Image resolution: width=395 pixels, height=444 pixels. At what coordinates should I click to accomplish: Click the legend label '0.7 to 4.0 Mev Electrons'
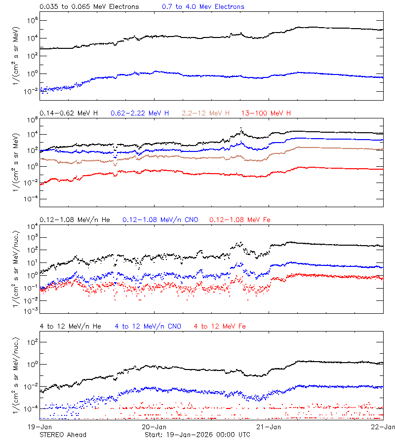[203, 7]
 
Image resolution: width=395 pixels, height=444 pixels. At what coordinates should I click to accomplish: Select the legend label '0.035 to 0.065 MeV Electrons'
[89, 7]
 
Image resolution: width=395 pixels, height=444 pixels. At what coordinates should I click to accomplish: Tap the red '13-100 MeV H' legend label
[266, 113]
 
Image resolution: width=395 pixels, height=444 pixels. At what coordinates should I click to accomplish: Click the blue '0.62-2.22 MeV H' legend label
[140, 113]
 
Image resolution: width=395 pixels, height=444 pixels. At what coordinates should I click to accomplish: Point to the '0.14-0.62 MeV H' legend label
[69, 113]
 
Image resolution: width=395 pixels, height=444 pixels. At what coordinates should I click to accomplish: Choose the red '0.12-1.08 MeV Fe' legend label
[240, 220]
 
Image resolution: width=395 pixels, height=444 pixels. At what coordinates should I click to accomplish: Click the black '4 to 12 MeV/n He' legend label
[70, 326]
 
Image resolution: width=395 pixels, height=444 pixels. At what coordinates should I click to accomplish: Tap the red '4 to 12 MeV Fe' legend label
[220, 326]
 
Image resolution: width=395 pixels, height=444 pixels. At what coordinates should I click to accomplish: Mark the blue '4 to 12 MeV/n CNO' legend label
[148, 326]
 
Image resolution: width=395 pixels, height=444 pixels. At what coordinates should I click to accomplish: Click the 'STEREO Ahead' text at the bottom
[63, 435]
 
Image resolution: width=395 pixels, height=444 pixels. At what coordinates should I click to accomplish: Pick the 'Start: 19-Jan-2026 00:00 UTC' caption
[197, 435]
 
